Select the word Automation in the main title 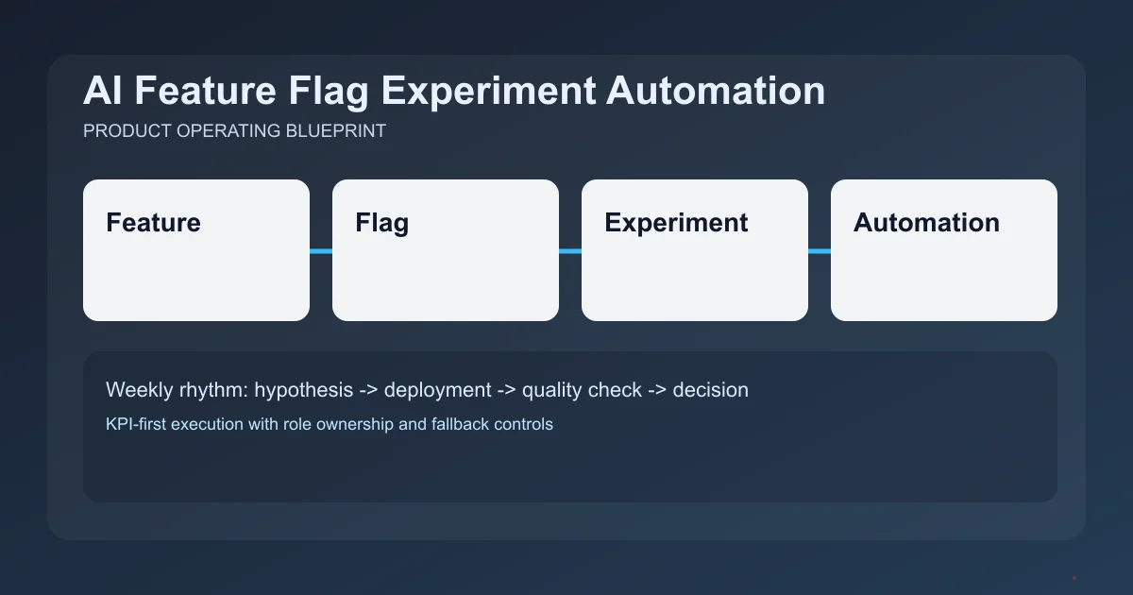[x=716, y=92]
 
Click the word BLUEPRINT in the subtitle [x=335, y=131]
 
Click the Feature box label [x=153, y=223]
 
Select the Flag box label [x=381, y=223]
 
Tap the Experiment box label [x=676, y=223]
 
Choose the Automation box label [x=926, y=223]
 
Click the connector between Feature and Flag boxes [x=321, y=251]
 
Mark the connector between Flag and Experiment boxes [x=570, y=251]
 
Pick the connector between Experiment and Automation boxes [x=820, y=251]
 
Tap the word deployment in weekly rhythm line [x=438, y=389]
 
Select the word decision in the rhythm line [x=710, y=389]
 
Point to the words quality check [x=582, y=389]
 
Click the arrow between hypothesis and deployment [x=369, y=389]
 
